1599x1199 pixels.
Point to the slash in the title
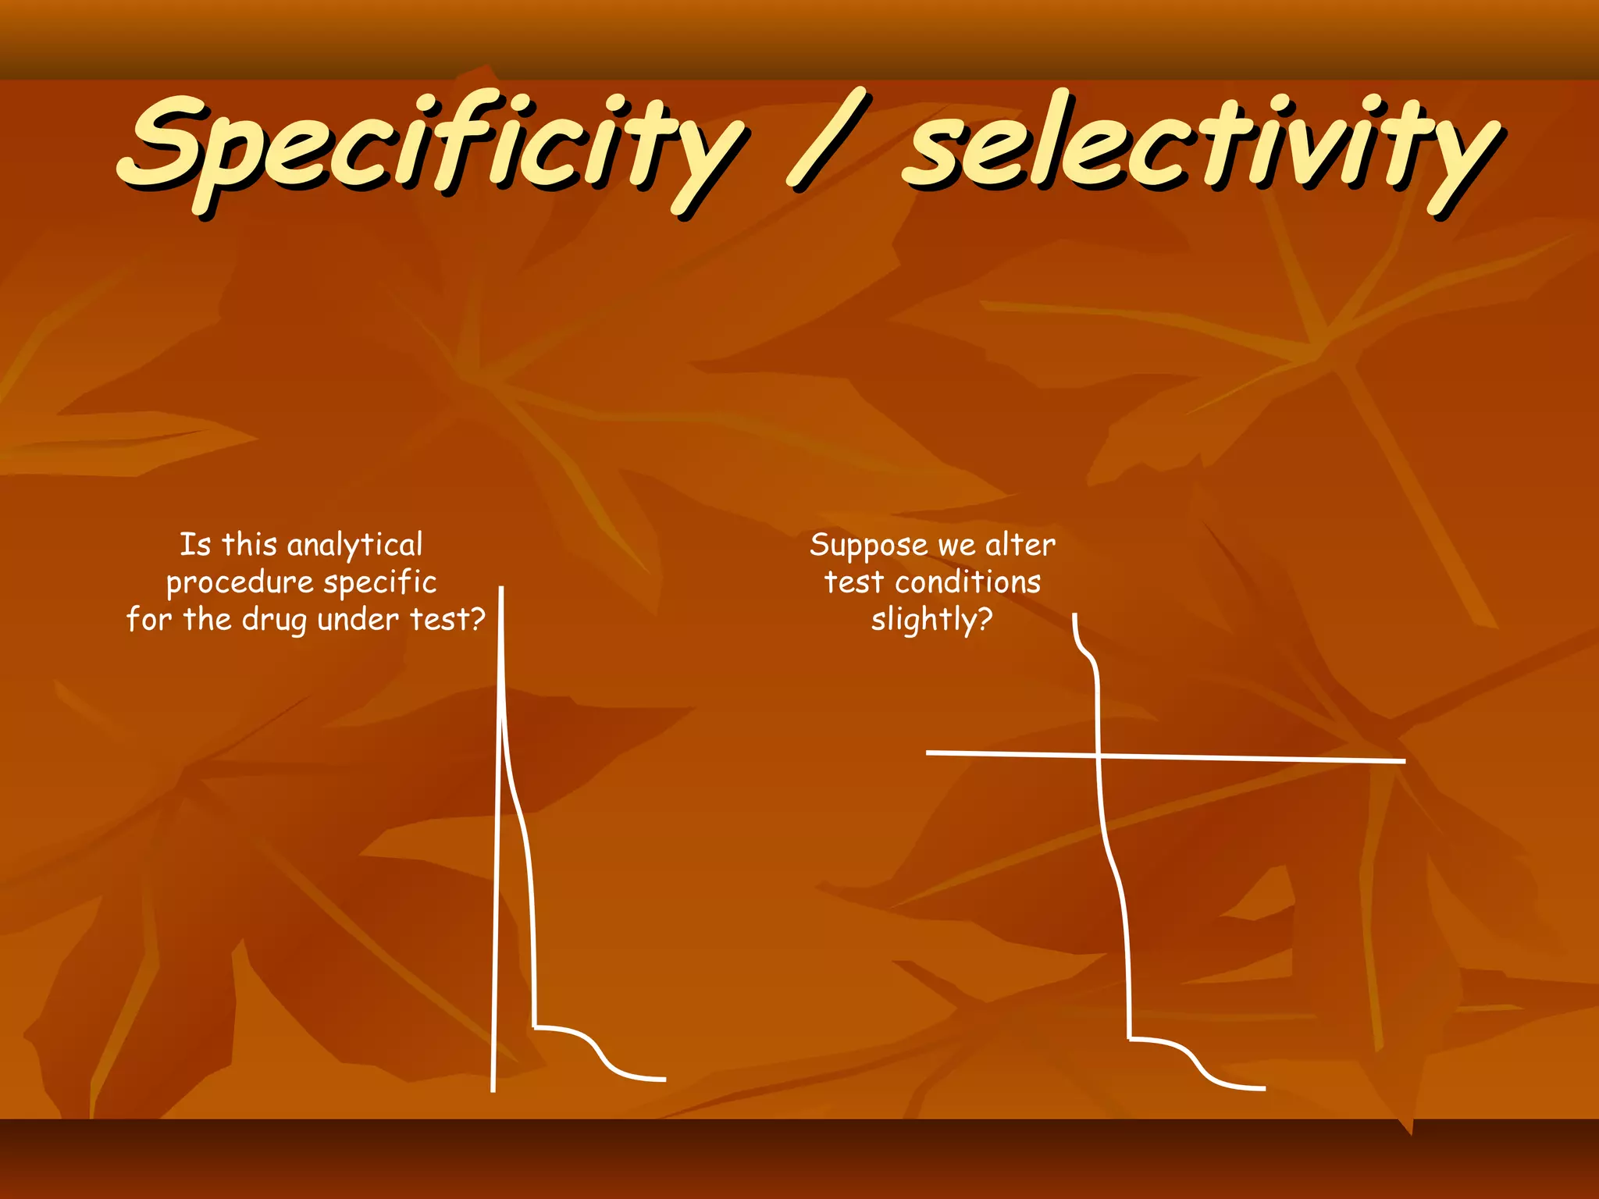828,141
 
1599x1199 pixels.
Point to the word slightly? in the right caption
931,621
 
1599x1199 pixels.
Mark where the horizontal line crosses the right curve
1099,756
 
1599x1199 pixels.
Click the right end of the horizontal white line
1404,760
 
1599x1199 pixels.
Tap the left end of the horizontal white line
928,752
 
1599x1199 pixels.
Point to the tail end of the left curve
664,1080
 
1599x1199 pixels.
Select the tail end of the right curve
1263,1088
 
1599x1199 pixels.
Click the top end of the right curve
1075,616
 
